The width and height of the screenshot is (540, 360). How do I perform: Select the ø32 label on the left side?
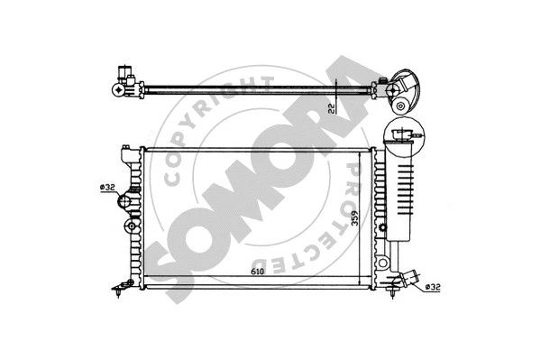coord(107,187)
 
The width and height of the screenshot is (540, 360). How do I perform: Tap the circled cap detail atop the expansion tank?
coord(403,134)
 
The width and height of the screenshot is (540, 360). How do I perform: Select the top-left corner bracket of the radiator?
coord(126,147)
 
